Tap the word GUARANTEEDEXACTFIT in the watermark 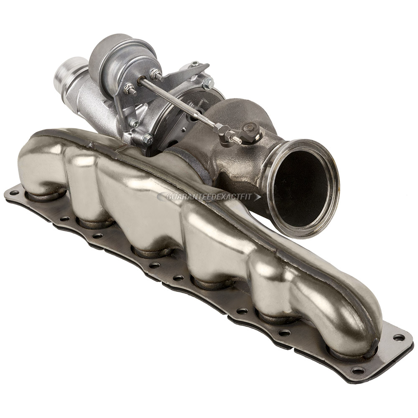[x=209, y=196]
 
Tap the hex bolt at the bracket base [x=147, y=140]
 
